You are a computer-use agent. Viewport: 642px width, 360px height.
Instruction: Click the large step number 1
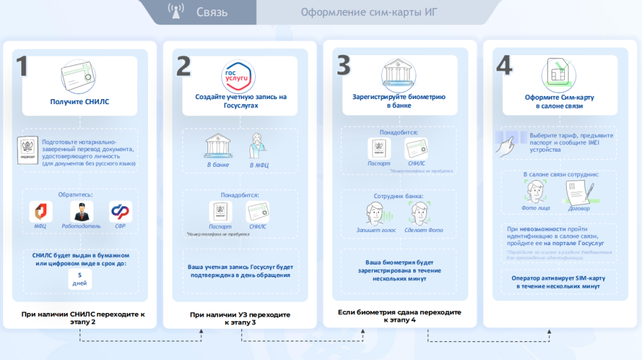tap(22, 66)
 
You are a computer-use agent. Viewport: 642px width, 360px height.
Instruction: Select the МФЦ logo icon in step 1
tap(40, 211)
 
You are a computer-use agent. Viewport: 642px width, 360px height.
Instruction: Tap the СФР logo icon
tap(121, 211)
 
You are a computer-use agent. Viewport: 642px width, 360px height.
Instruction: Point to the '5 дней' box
tap(80, 280)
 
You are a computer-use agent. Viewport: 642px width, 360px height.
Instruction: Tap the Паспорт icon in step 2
tap(220, 211)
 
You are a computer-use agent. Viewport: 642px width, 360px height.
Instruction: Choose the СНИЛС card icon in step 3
tap(416, 149)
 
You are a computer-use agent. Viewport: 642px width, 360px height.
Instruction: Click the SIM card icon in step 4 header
tap(559, 73)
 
